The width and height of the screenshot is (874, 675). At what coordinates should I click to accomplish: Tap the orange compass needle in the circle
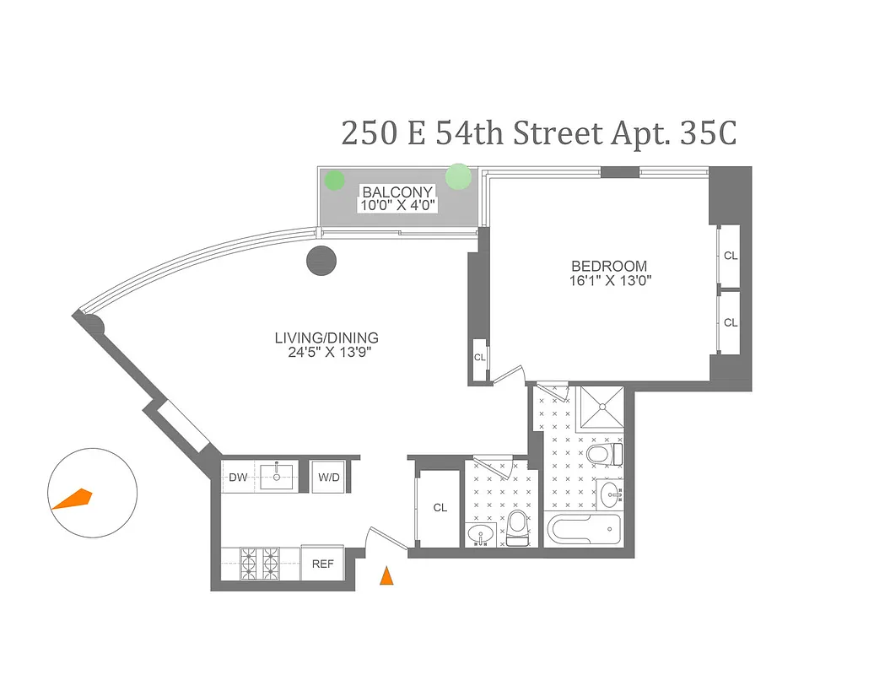(x=73, y=499)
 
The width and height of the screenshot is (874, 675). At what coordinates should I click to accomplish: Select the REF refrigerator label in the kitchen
(x=323, y=564)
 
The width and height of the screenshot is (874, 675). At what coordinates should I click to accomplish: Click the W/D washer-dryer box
(x=328, y=478)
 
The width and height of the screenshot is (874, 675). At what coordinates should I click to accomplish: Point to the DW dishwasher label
(x=239, y=478)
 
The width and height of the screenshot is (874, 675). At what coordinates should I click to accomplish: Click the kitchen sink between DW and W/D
(x=277, y=477)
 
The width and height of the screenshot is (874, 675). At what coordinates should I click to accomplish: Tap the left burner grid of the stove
(x=249, y=560)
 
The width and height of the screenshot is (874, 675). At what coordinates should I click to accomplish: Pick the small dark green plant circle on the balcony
(x=335, y=180)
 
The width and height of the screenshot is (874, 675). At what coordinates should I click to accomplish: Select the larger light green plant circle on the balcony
(x=458, y=176)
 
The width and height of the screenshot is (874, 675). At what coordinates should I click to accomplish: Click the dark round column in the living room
(x=322, y=261)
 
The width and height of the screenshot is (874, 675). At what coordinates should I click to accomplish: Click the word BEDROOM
(x=608, y=266)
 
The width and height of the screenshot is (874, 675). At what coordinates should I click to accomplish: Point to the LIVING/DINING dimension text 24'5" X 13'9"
(x=326, y=353)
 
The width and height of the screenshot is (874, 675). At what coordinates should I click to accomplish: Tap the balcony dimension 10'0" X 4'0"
(x=397, y=204)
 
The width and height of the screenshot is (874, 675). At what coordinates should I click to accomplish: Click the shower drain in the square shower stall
(x=602, y=408)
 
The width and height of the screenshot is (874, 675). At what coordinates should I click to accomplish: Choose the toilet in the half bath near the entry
(x=517, y=526)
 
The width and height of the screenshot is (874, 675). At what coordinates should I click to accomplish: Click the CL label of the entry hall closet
(x=440, y=508)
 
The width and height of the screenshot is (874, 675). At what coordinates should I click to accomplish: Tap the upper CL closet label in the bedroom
(x=730, y=255)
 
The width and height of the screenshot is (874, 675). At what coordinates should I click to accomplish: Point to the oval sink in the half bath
(x=481, y=534)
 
